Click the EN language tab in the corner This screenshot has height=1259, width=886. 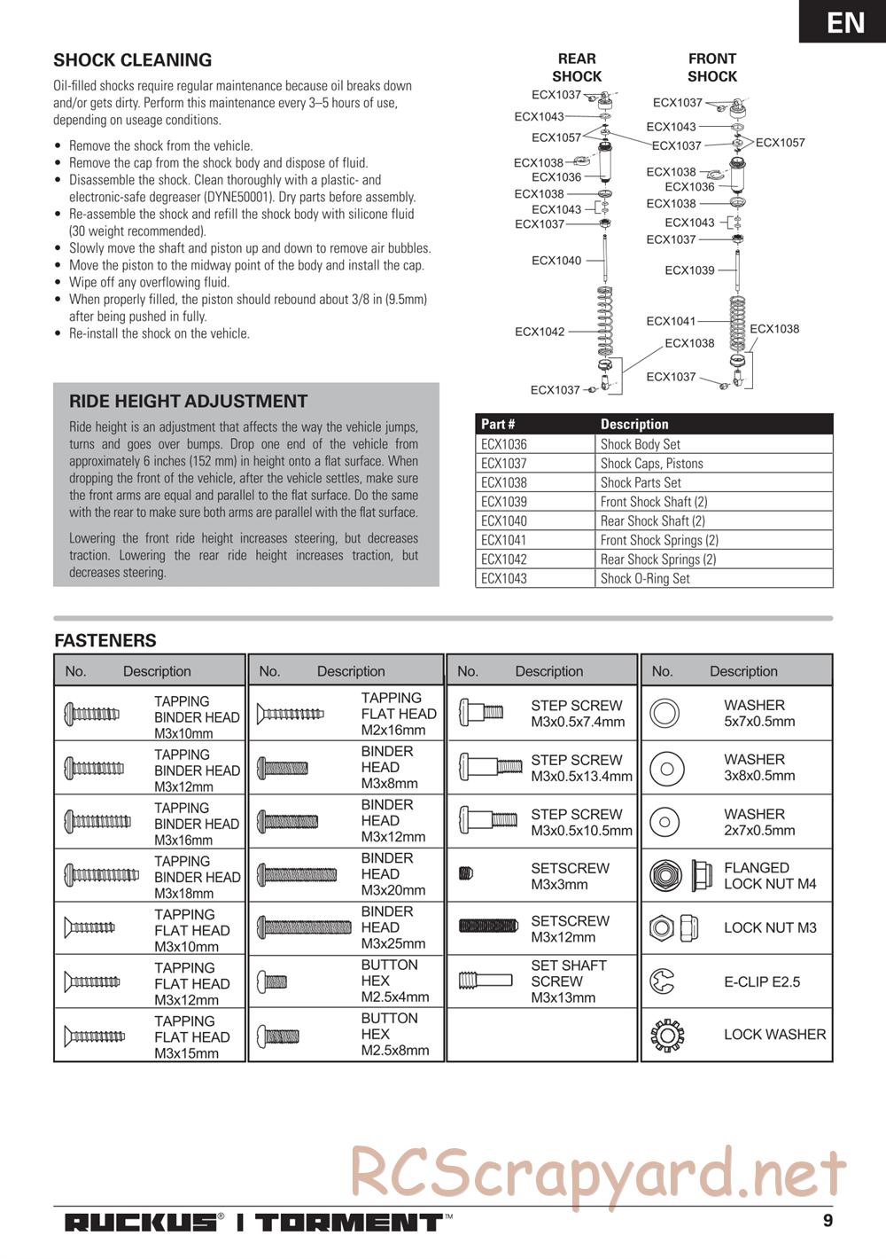point(845,21)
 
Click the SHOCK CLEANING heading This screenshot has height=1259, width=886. point(133,60)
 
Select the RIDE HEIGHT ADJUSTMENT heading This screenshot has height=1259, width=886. point(188,401)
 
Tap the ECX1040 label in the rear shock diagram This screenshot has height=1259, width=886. point(556,261)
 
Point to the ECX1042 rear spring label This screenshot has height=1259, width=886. point(540,332)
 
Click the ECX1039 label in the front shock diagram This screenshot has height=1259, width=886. point(689,270)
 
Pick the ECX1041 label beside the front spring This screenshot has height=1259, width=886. point(671,321)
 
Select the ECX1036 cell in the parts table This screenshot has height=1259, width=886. point(504,444)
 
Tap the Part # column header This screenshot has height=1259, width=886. point(498,424)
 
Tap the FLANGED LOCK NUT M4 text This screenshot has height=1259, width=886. point(769,876)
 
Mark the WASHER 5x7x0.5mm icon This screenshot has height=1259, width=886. point(664,713)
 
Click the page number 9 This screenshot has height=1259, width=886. point(828,1220)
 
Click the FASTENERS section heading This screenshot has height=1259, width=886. point(105,640)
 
